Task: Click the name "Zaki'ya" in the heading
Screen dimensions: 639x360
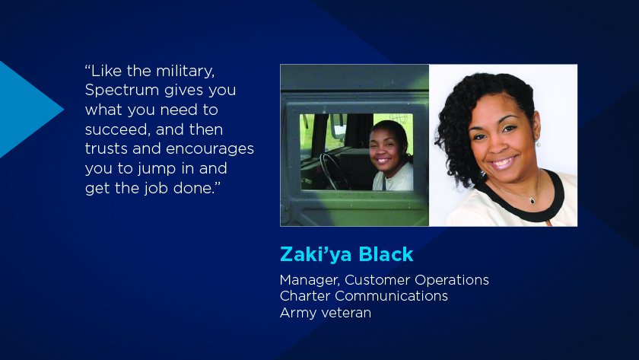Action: (316, 254)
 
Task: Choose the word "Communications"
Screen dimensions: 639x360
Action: (391, 295)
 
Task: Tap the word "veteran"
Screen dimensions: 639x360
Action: (346, 313)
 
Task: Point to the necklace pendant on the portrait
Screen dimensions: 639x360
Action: (532, 200)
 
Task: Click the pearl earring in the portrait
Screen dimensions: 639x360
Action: (538, 144)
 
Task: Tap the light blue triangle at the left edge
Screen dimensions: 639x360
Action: (24, 110)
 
